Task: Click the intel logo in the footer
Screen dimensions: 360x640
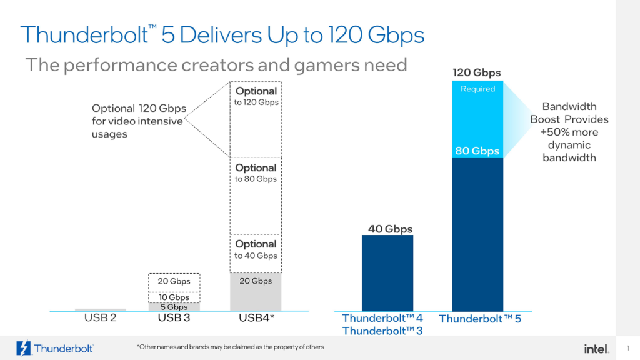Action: (x=596, y=348)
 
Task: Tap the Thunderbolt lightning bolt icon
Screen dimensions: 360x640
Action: (x=24, y=348)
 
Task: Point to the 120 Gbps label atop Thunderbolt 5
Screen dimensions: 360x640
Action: (x=477, y=73)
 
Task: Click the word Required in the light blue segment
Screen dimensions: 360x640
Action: (x=477, y=89)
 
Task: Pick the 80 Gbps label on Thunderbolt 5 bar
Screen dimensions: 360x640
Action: (x=477, y=151)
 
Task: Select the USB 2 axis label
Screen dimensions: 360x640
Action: (x=100, y=318)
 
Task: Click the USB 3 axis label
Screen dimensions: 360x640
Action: (x=174, y=318)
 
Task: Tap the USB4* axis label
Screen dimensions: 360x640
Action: (x=256, y=318)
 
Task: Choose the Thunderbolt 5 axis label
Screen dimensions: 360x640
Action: (x=479, y=319)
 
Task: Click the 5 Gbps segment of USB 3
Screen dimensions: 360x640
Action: (x=174, y=307)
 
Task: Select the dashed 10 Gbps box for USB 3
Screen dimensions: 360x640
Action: (x=174, y=297)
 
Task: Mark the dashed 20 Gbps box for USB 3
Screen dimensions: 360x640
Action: (x=174, y=282)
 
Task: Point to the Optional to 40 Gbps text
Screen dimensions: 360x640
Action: (x=256, y=249)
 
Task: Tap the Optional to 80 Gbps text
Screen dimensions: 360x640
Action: (x=256, y=173)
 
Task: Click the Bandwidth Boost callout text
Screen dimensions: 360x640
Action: (x=569, y=132)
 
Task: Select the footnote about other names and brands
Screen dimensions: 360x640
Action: (x=230, y=347)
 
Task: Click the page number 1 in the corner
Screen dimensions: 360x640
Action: (x=627, y=348)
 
